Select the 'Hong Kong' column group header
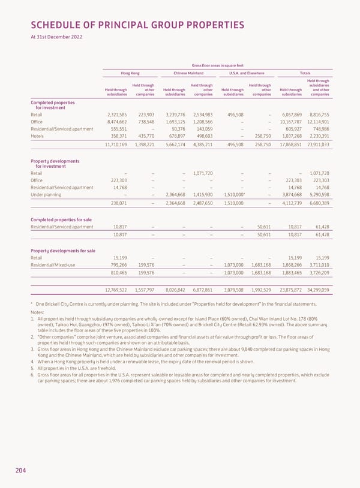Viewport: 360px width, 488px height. pyautogui.click(x=130, y=73)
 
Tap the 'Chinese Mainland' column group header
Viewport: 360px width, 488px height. pyautogui.click(x=188, y=73)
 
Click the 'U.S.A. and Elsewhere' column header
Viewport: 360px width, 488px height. pyautogui.click(x=247, y=73)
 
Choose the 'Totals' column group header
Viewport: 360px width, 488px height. pyautogui.click(x=305, y=73)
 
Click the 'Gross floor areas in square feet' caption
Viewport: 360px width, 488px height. pyautogui.click(x=217, y=65)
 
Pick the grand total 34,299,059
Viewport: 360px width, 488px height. pyautogui.click(x=318, y=290)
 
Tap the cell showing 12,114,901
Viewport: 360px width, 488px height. pyautogui.click(x=318, y=122)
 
